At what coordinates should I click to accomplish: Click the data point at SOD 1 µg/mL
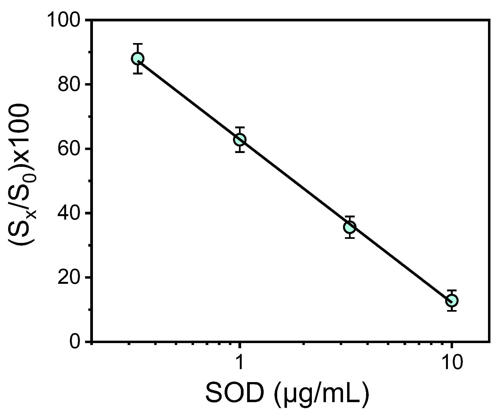[240, 140]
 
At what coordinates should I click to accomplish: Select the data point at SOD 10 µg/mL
[452, 300]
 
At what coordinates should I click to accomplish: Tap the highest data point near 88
[138, 58]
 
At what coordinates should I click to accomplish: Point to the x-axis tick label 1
[240, 363]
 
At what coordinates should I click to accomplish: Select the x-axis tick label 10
[452, 363]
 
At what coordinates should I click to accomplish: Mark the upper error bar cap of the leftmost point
[138, 44]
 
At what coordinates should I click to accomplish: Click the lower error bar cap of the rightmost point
[452, 311]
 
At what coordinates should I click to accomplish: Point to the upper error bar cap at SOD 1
[240, 127]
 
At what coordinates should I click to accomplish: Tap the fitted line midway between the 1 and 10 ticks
[345, 223]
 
